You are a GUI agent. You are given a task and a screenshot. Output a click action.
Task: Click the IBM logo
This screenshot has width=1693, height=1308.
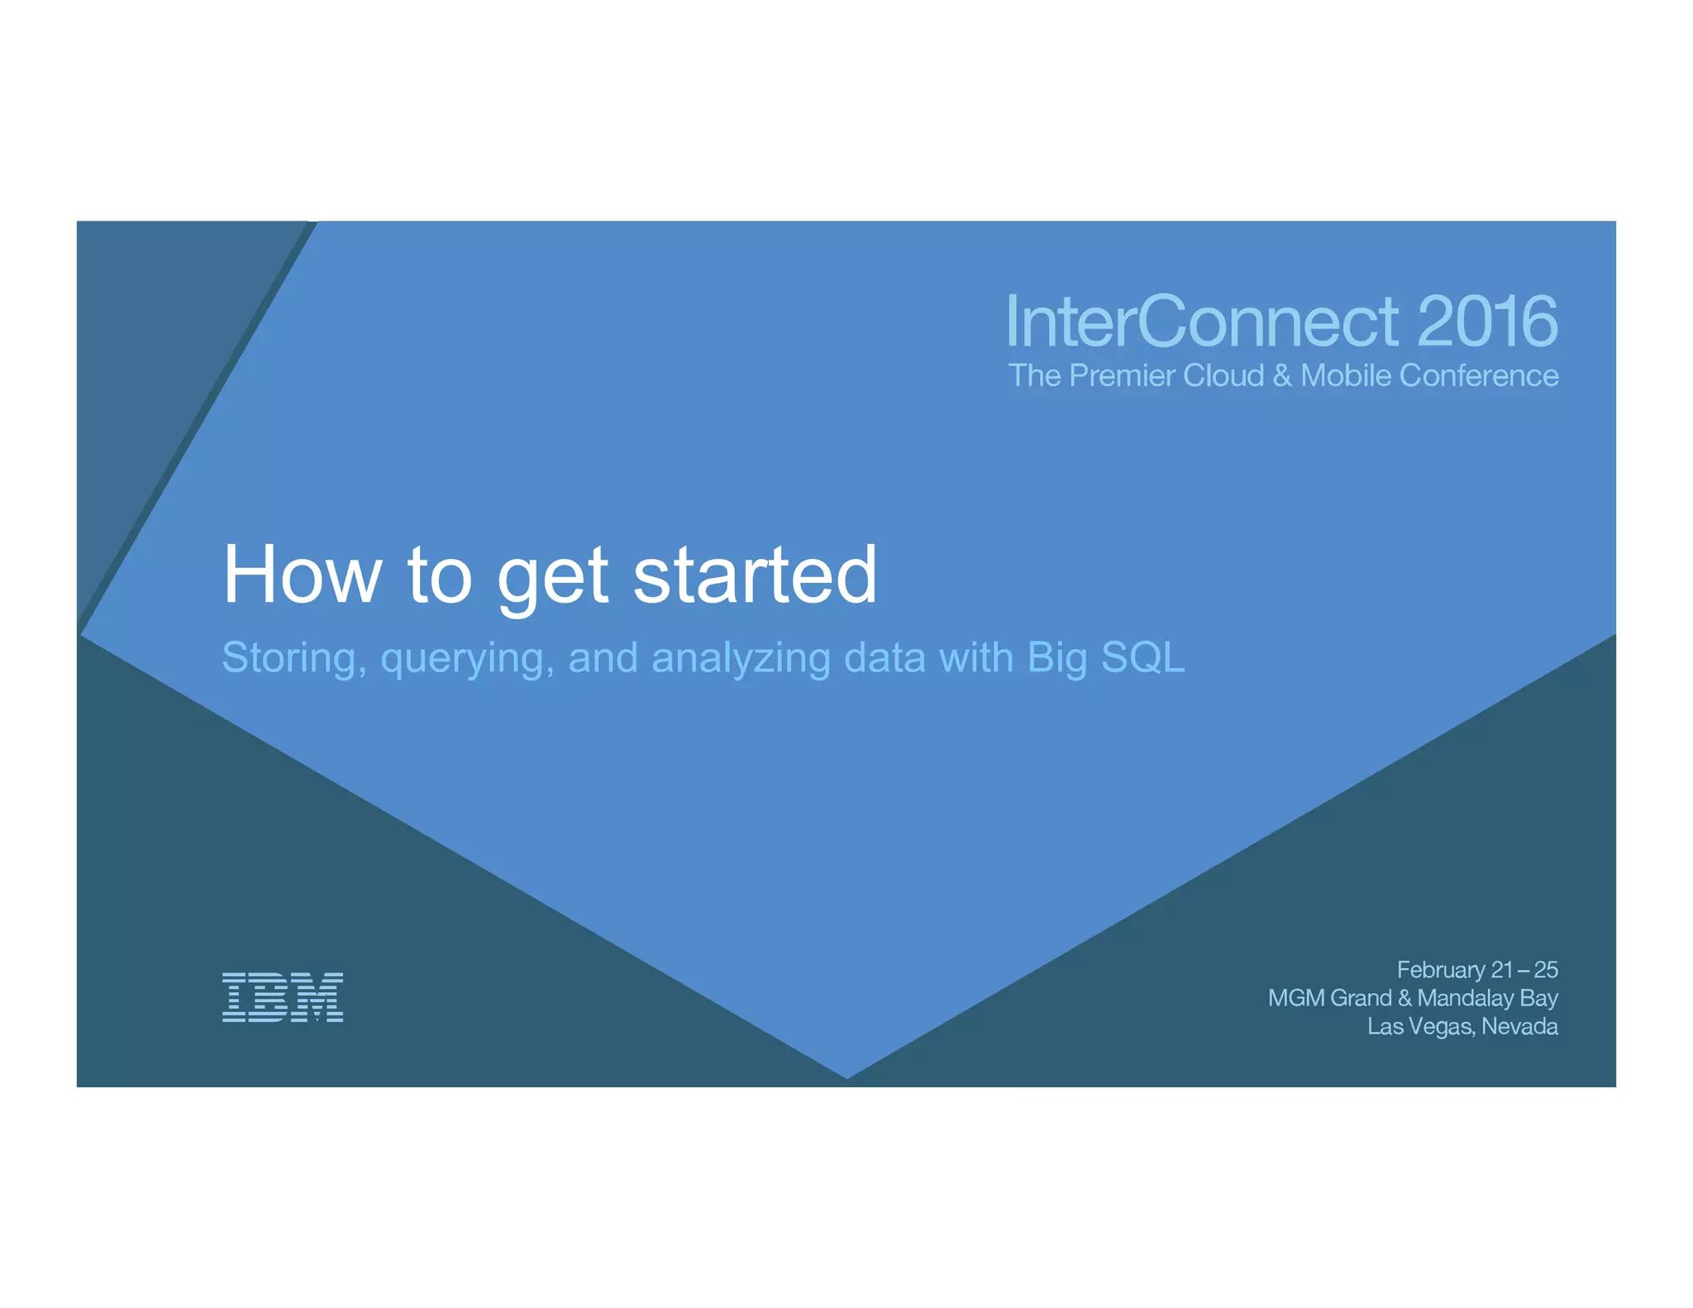[283, 997]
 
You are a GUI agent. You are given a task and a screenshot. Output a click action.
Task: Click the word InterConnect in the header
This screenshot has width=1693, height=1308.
[1203, 322]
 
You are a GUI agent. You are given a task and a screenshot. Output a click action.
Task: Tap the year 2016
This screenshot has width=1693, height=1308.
[1487, 322]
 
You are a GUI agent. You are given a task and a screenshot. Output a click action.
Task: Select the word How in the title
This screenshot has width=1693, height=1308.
[303, 575]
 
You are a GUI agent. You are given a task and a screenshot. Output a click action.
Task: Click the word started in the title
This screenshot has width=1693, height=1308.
[755, 575]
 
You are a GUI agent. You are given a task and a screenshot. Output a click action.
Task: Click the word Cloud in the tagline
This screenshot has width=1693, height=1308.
[1223, 376]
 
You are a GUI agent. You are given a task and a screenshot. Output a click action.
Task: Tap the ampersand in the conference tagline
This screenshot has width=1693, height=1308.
[1282, 376]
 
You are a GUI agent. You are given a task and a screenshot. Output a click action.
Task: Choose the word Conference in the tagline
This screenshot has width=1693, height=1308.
[1478, 376]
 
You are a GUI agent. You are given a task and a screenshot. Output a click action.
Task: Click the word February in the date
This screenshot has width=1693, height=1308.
[1441, 970]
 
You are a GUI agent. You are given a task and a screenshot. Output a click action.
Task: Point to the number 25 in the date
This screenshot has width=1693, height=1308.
[1545, 970]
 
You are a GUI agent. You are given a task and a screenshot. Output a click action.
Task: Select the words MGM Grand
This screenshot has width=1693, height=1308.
[1329, 998]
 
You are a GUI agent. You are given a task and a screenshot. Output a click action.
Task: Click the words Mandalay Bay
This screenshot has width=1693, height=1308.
[1487, 998]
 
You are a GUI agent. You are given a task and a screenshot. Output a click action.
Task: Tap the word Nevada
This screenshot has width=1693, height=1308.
[1519, 1027]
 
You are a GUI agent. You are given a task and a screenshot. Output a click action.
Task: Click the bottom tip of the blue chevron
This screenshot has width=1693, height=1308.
[846, 1076]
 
